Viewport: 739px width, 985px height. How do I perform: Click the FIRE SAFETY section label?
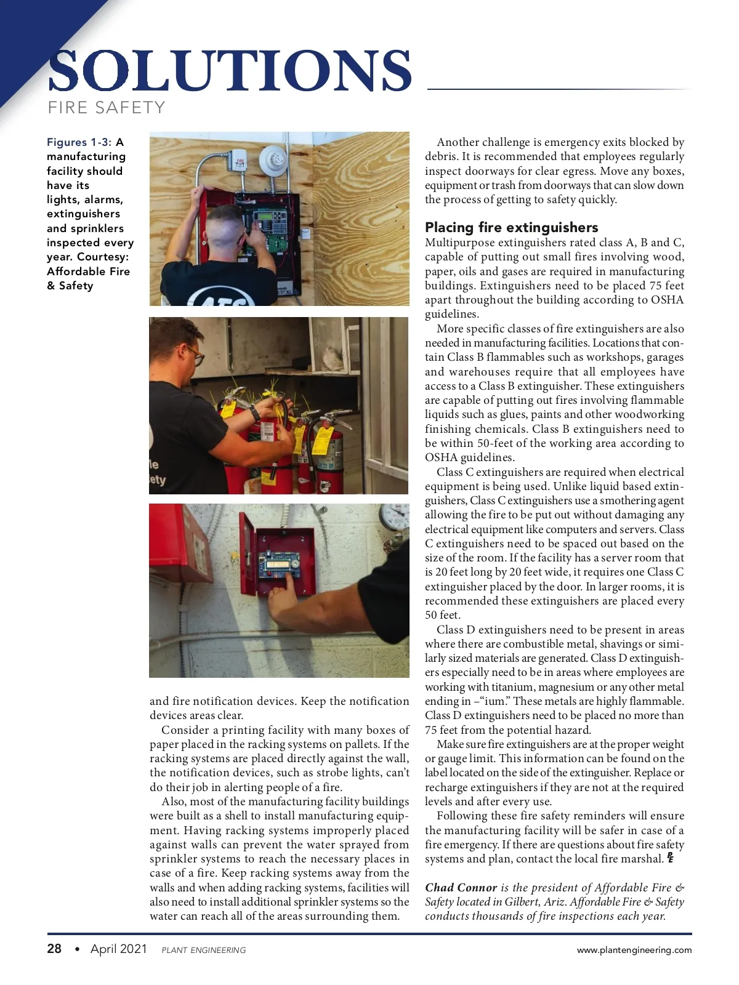107,108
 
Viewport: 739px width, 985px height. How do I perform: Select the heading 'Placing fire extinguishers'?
511,227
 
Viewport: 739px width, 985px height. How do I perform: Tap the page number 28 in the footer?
54,949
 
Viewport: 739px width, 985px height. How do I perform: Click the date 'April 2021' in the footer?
119,949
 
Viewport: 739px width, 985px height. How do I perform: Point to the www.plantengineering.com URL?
634,950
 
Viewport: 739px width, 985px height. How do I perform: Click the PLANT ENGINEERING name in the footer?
203,950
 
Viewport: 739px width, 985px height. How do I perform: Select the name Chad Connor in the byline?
461,887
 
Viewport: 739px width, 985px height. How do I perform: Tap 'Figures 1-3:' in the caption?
79,142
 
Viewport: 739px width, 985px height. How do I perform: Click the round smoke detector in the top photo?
272,160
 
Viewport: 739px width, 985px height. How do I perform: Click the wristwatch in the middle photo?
254,413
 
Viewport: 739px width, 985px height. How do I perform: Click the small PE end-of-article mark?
670,858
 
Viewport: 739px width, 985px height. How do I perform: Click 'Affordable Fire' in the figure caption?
89,271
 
